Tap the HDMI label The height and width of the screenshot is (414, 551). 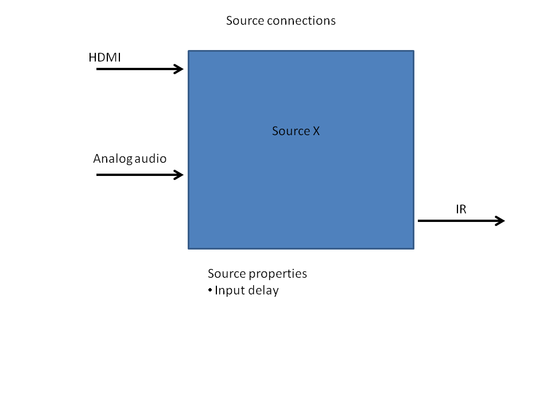(x=104, y=57)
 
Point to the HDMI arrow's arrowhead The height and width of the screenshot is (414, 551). (x=179, y=69)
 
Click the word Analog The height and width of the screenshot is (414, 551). (x=112, y=159)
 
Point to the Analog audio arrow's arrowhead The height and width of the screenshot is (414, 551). (x=179, y=174)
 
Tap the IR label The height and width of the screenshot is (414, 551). (x=461, y=209)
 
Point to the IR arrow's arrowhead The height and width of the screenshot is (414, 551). (x=500, y=221)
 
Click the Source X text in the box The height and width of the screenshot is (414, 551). (x=296, y=131)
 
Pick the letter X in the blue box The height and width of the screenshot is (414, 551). (x=316, y=131)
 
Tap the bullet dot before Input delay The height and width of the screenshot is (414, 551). (x=210, y=290)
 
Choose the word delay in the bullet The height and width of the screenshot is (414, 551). (x=263, y=290)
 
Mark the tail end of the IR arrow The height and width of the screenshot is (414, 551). (x=420, y=221)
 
